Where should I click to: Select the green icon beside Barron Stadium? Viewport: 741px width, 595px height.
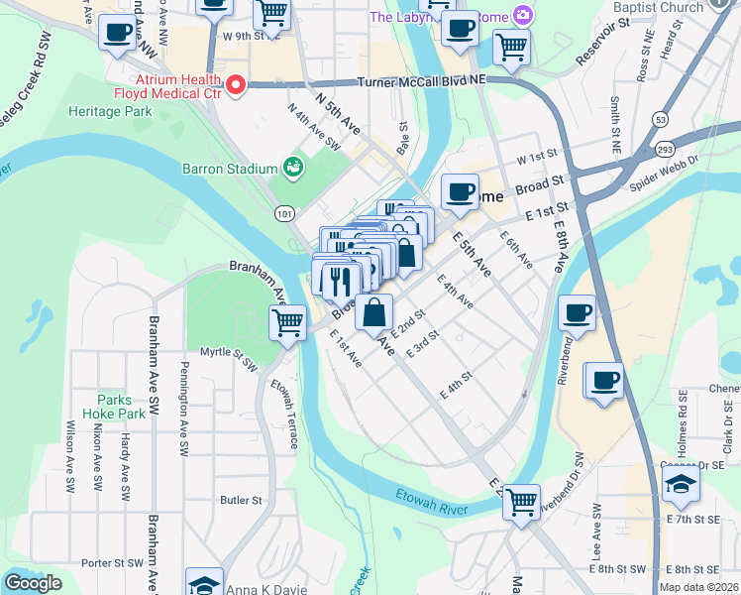[x=293, y=168]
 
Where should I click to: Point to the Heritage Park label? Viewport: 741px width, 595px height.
[x=110, y=111]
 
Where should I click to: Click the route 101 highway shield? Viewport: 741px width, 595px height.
[x=285, y=213]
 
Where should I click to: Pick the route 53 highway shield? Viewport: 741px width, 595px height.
[x=659, y=120]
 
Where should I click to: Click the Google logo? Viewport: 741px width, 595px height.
[x=33, y=583]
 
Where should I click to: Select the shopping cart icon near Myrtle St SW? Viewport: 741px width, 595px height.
[x=287, y=321]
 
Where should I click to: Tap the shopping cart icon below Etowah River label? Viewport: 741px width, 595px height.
[x=521, y=501]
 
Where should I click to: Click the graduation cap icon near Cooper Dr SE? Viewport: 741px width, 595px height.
[x=681, y=484]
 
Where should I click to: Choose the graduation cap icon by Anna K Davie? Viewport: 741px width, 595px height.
[x=204, y=584]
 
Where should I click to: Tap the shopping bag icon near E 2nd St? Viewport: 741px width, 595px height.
[x=373, y=312]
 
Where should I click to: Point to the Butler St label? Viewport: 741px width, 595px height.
[x=241, y=501]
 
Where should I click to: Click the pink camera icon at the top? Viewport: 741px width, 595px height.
[x=521, y=16]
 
